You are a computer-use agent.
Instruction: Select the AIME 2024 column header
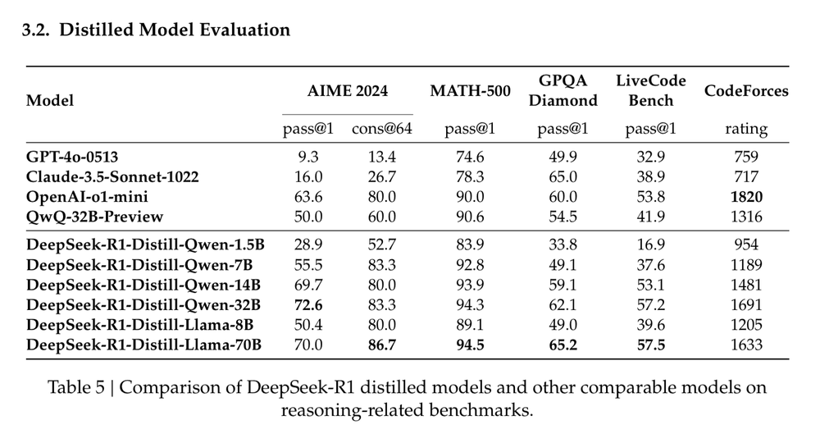pyautogui.click(x=347, y=91)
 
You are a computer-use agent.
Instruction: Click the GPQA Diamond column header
pyautogui.click(x=563, y=91)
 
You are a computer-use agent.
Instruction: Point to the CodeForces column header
pyautogui.click(x=745, y=91)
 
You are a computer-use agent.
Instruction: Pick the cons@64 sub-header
pyautogui.click(x=382, y=129)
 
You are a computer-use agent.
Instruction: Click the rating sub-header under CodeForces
pyautogui.click(x=745, y=129)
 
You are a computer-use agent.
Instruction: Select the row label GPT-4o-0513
pyautogui.click(x=78, y=157)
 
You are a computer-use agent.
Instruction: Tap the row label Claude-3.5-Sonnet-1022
pyautogui.click(x=112, y=176)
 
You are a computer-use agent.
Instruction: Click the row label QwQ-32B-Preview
pyautogui.click(x=94, y=217)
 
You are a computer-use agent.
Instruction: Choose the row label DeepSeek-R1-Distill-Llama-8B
pyautogui.click(x=139, y=325)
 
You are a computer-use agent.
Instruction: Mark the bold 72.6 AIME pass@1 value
pyautogui.click(x=308, y=305)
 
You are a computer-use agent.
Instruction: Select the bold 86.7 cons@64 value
pyautogui.click(x=382, y=345)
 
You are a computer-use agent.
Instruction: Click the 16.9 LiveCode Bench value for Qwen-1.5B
pyautogui.click(x=651, y=245)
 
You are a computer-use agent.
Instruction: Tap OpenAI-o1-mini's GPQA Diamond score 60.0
pyautogui.click(x=563, y=197)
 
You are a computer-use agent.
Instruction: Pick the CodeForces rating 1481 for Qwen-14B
pyautogui.click(x=745, y=285)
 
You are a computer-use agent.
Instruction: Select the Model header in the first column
pyautogui.click(x=50, y=101)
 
